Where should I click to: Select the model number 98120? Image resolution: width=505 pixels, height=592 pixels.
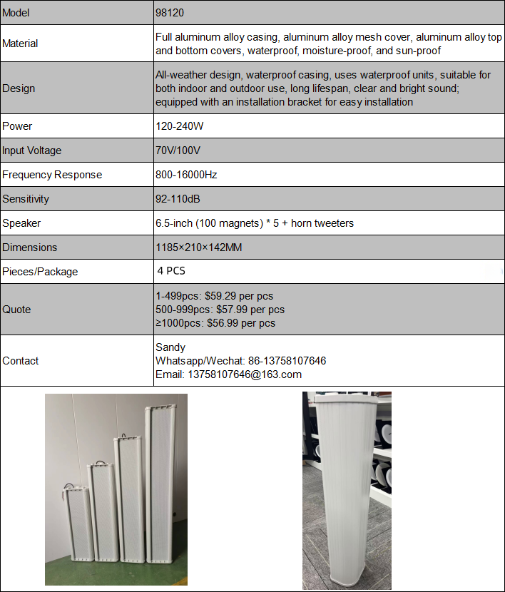click(170, 14)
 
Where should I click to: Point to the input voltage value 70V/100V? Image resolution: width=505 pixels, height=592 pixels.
click(178, 150)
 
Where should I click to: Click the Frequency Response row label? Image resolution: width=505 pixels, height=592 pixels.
click(52, 175)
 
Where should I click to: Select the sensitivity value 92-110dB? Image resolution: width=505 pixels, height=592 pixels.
click(178, 199)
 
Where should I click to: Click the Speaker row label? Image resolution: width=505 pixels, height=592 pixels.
click(21, 223)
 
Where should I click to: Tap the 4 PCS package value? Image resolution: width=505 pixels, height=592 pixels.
click(171, 271)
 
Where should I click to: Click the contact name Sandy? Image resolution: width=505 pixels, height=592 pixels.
click(170, 347)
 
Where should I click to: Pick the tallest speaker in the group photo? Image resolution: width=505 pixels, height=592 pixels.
click(161, 492)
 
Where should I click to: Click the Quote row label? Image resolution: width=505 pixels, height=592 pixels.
click(16, 310)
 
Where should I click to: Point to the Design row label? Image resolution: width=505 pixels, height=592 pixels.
click(19, 88)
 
